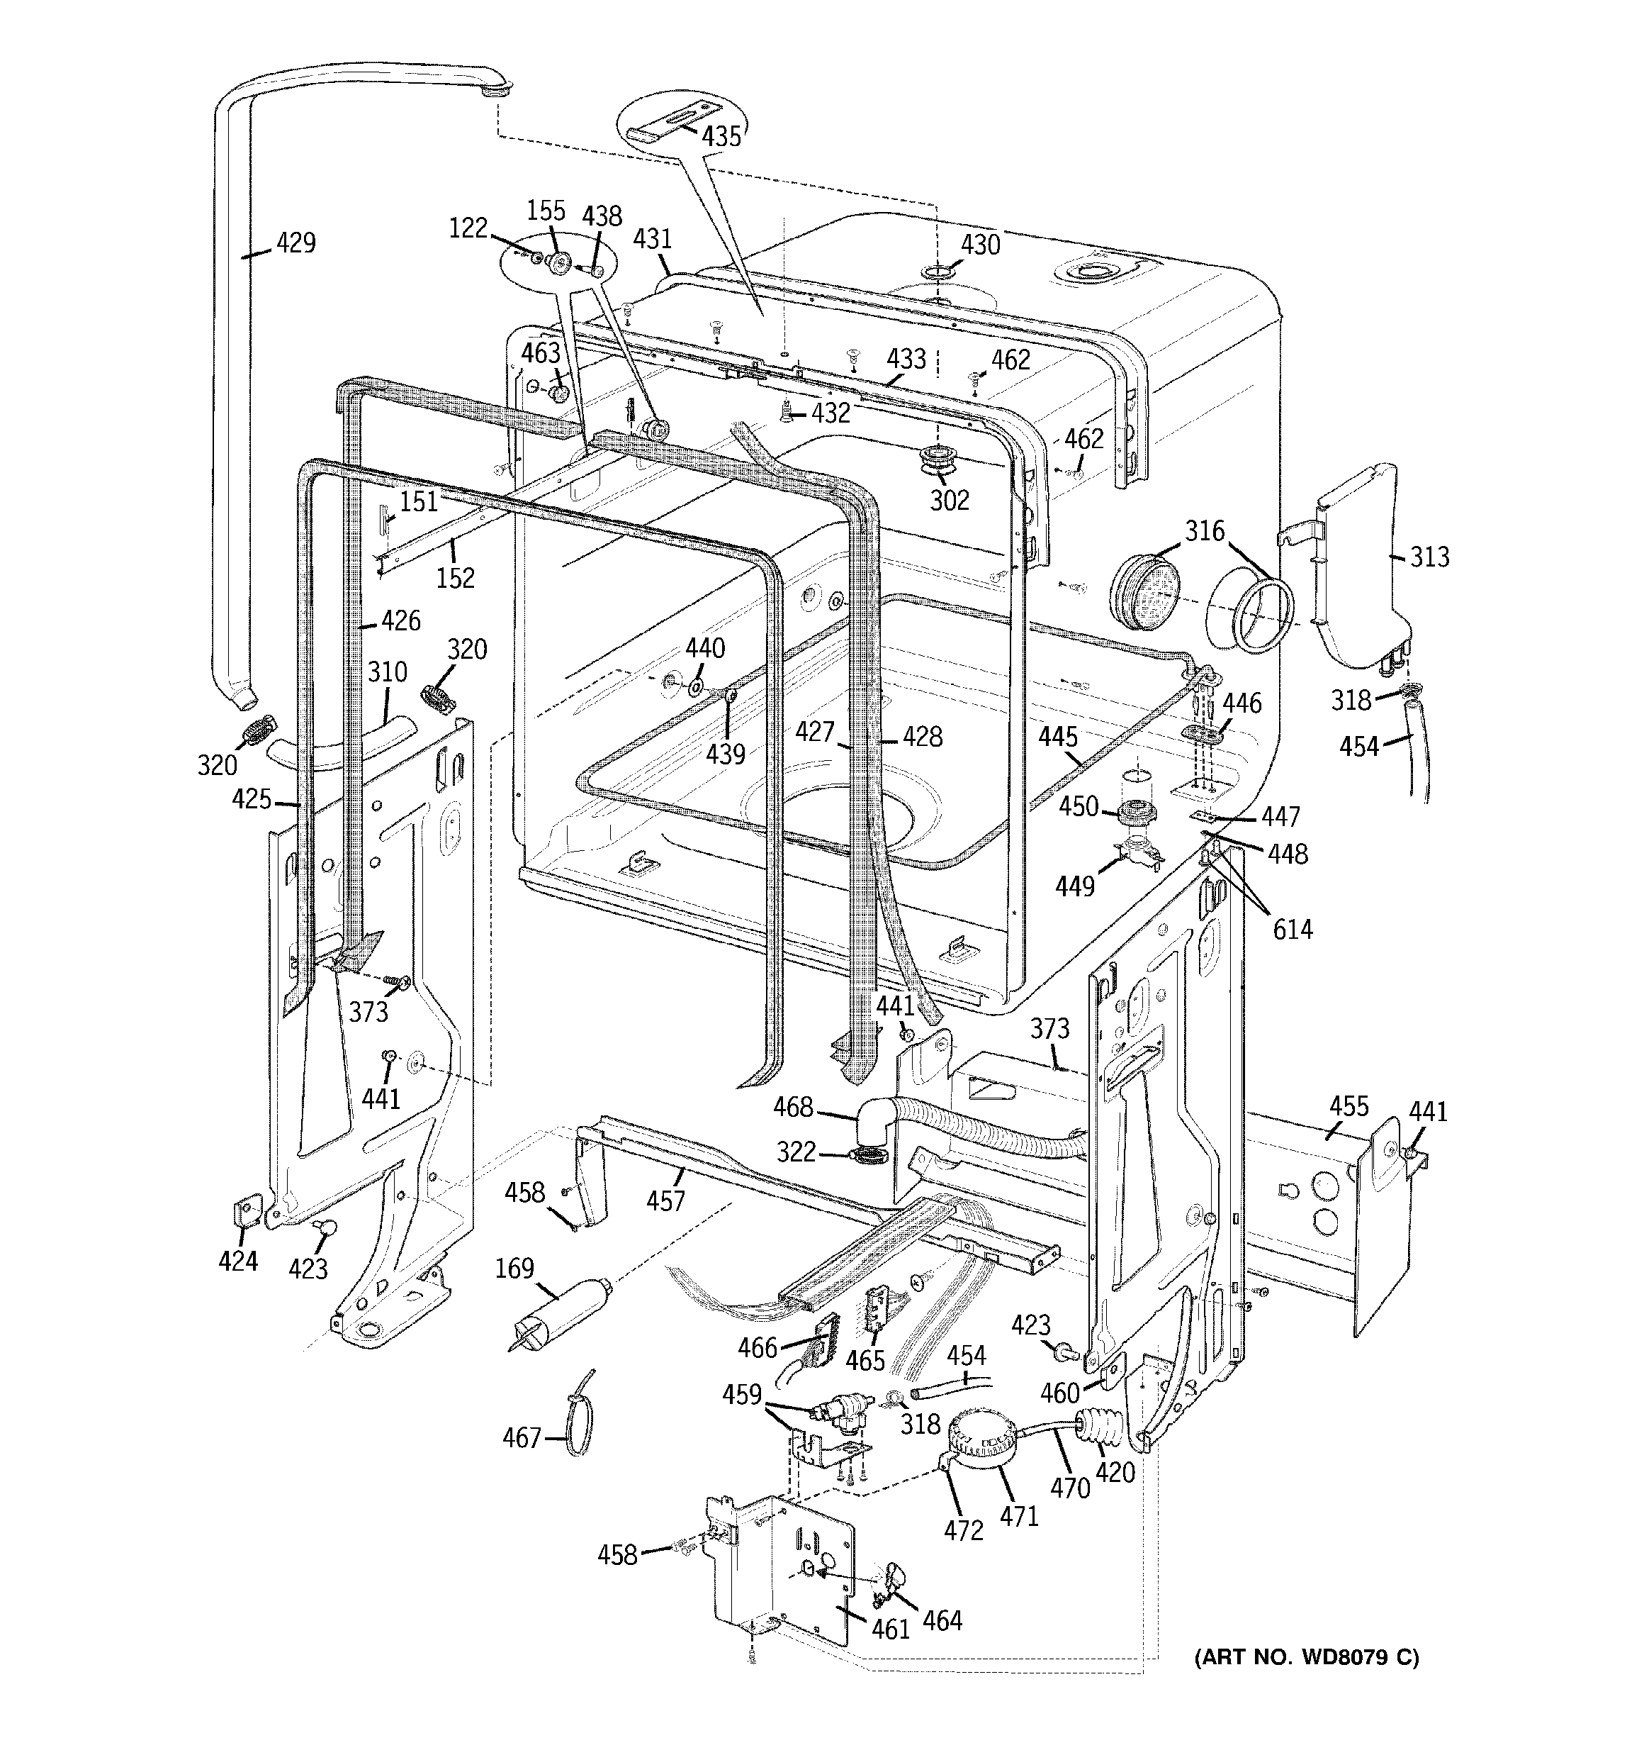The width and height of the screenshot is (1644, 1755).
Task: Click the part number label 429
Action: click(295, 242)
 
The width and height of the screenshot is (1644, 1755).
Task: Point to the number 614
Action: click(1292, 929)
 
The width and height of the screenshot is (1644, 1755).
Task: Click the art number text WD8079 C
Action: click(1306, 1658)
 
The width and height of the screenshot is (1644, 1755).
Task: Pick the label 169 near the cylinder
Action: click(514, 1268)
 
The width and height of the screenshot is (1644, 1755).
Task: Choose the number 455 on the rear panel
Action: click(1349, 1105)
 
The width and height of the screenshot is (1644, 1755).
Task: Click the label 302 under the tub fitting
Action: click(950, 501)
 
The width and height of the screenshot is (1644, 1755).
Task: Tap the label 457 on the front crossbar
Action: click(665, 1200)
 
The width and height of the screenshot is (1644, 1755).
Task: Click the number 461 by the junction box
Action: click(891, 1629)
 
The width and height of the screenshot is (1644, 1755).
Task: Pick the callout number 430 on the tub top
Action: click(981, 245)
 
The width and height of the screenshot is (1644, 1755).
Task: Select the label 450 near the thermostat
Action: click(1079, 806)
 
